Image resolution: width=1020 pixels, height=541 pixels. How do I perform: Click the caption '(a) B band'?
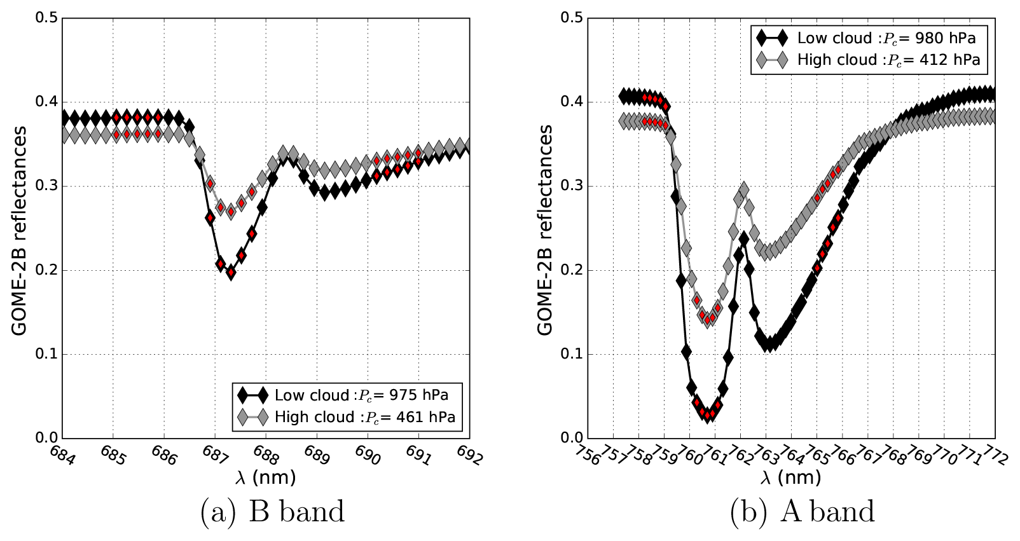(x=272, y=512)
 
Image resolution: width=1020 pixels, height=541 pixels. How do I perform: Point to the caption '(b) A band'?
(x=802, y=512)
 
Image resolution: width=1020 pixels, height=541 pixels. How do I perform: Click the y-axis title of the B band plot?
(x=19, y=230)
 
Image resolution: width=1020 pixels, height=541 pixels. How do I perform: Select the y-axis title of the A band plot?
(x=545, y=230)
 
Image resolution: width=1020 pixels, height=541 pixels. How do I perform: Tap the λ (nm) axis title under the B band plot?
(x=266, y=477)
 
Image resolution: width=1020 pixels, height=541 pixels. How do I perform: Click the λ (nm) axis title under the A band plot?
(x=791, y=477)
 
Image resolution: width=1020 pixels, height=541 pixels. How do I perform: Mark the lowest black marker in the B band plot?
(x=231, y=273)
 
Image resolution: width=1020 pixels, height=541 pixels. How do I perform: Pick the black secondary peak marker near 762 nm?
(x=743, y=240)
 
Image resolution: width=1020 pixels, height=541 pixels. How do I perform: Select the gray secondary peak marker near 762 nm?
(x=743, y=189)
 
